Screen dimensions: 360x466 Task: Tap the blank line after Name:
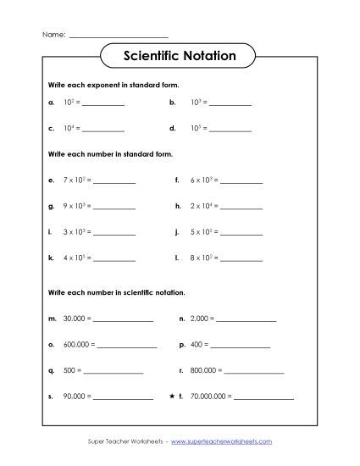pyautogui.click(x=118, y=36)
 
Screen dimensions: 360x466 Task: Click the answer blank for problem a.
pyautogui.click(x=103, y=104)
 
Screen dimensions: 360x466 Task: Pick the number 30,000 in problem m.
pyautogui.click(x=70, y=319)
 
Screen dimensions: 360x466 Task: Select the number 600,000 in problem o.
pyautogui.click(x=73, y=345)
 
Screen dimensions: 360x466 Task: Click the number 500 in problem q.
pyautogui.click(x=69, y=370)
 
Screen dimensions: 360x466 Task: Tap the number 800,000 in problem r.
pyautogui.click(x=204, y=370)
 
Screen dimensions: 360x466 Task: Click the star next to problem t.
pyautogui.click(x=172, y=396)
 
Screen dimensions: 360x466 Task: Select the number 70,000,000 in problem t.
pyautogui.click(x=210, y=396)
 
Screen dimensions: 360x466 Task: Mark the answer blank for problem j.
pyautogui.click(x=242, y=231)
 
